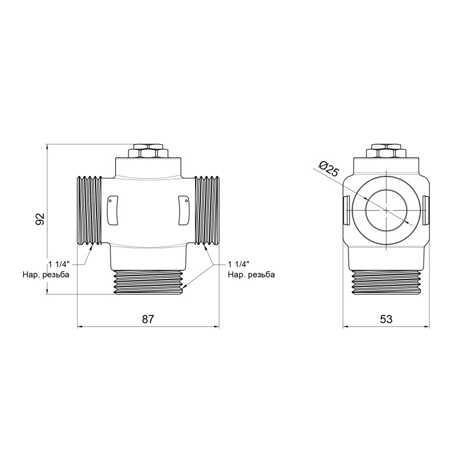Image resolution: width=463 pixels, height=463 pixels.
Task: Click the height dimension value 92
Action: (40, 219)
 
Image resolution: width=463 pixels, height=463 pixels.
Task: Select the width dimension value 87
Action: (148, 319)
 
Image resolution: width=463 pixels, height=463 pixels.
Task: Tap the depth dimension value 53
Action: (386, 319)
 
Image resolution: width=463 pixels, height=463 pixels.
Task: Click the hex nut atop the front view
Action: (148, 152)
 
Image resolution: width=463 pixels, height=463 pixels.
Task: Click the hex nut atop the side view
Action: (386, 152)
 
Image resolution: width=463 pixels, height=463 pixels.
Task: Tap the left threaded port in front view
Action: (89, 210)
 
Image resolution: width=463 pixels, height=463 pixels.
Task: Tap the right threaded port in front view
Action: (207, 210)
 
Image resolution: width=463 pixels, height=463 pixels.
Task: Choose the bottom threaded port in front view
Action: (148, 282)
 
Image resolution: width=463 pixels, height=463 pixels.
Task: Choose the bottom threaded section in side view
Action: (386, 282)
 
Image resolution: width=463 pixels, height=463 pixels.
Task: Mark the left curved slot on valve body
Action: (113, 209)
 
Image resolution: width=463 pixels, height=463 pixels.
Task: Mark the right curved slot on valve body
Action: (183, 209)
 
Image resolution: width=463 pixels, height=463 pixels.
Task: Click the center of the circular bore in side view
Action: (386, 210)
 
